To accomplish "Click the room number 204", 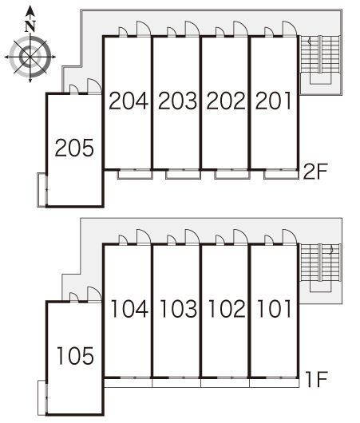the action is coord(129,101).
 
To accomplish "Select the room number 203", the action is coord(177,101).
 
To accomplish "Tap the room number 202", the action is coord(226,101).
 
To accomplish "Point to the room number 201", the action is coord(273,101).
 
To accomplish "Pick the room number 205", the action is coord(74,148).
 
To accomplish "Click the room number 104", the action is coord(129,308).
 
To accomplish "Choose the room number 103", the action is coord(178,308).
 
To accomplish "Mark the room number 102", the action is coord(227,308).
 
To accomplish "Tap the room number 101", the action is coord(275,308).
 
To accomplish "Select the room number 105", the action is coord(76,356).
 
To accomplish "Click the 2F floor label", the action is coord(315,172).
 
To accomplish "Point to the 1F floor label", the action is coord(317,379).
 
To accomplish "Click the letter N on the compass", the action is coord(30,26).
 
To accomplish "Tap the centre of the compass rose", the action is coord(30,57).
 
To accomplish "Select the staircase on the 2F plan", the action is coord(320,60).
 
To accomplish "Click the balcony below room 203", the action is coord(183,174).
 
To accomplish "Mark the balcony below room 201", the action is coord(281,174).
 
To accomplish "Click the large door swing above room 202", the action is coord(240,28).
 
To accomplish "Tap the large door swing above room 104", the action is coord(144,236).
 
